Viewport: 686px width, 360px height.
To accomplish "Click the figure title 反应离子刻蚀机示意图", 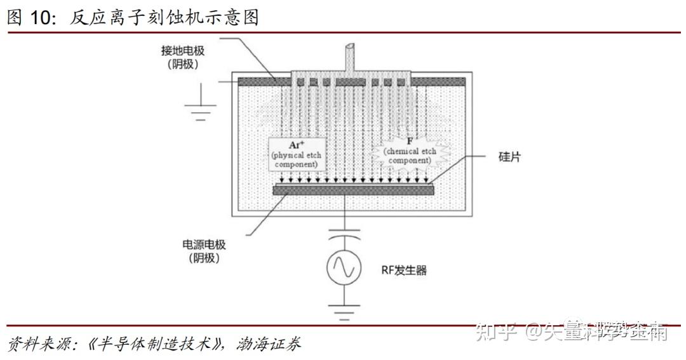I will point(165,18).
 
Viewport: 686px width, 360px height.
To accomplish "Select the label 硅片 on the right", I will point(509,156).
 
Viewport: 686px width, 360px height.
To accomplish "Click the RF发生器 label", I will point(404,270).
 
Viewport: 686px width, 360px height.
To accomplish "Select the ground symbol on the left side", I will point(202,112).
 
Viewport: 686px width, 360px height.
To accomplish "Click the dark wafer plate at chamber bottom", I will point(353,189).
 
